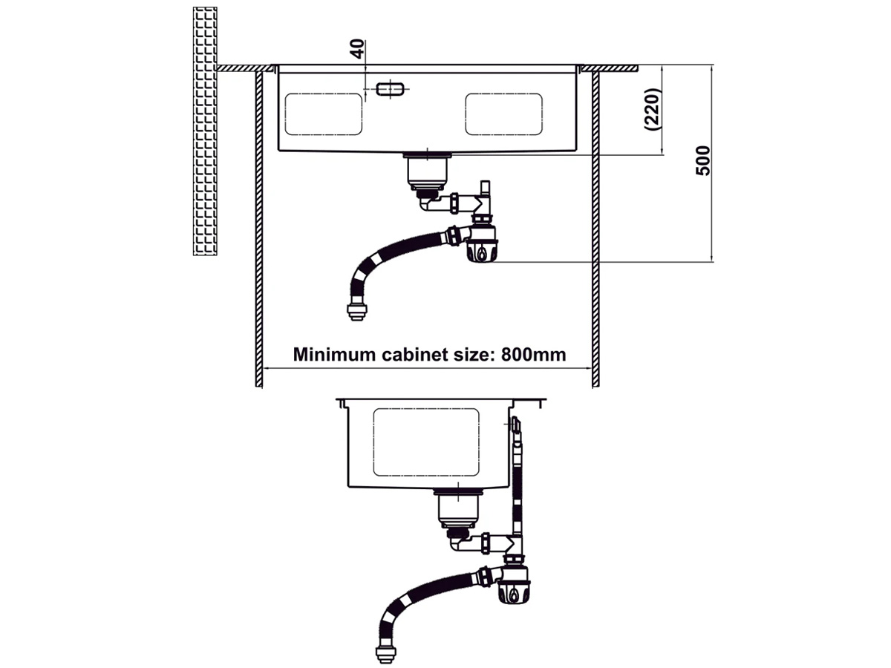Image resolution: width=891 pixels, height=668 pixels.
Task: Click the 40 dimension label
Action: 357,49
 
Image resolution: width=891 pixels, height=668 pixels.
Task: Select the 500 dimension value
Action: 703,160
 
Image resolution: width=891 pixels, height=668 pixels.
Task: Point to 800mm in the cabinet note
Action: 533,354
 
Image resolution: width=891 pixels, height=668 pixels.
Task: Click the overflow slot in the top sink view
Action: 390,89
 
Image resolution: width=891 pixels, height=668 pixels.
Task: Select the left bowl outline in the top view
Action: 323,114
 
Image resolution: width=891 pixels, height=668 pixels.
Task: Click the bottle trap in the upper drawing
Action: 482,243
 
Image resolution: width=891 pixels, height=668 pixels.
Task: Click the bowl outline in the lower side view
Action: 426,442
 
